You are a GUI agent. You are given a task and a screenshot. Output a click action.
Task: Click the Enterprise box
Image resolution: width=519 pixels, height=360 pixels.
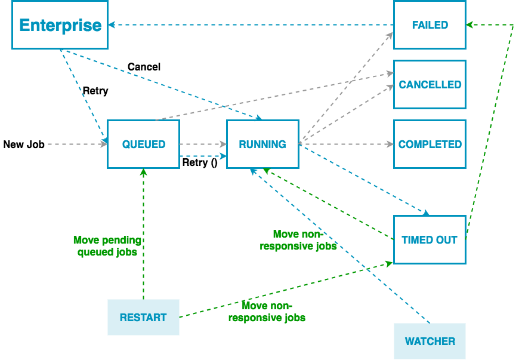60,25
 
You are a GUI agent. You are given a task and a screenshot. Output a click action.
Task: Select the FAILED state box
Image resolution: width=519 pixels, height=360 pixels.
430,25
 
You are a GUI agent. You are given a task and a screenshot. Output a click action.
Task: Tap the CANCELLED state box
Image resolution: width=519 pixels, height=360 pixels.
430,85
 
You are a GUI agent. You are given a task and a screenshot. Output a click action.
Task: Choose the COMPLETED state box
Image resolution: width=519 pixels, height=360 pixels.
430,144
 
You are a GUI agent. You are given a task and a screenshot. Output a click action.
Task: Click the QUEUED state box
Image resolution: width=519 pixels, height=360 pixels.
143,144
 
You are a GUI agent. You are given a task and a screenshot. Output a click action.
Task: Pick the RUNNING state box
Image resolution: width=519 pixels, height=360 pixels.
262,144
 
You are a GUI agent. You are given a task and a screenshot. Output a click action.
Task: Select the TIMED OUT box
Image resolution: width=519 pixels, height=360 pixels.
430,240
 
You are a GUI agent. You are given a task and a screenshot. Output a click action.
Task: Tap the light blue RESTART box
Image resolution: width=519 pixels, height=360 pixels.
143,318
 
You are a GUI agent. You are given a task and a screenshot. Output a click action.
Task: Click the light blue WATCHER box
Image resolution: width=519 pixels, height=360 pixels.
430,341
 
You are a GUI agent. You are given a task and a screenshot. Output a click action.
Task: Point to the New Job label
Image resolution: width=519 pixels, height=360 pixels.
24,144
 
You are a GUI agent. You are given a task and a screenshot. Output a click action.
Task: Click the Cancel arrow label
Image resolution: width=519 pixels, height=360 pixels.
144,67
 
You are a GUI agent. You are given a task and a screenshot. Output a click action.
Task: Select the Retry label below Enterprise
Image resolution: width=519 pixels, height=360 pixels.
95,91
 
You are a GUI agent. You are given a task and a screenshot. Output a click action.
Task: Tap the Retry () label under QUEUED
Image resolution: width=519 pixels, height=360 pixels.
199,162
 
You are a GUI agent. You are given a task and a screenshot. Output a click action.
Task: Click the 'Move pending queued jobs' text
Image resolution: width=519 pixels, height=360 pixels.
107,246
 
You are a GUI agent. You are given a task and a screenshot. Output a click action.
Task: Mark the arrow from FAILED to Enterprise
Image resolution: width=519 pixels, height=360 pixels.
251,25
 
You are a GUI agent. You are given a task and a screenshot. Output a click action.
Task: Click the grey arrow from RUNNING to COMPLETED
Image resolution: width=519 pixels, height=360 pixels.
346,144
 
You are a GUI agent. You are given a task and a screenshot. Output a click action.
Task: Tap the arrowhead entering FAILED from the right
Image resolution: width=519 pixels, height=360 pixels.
469,25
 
